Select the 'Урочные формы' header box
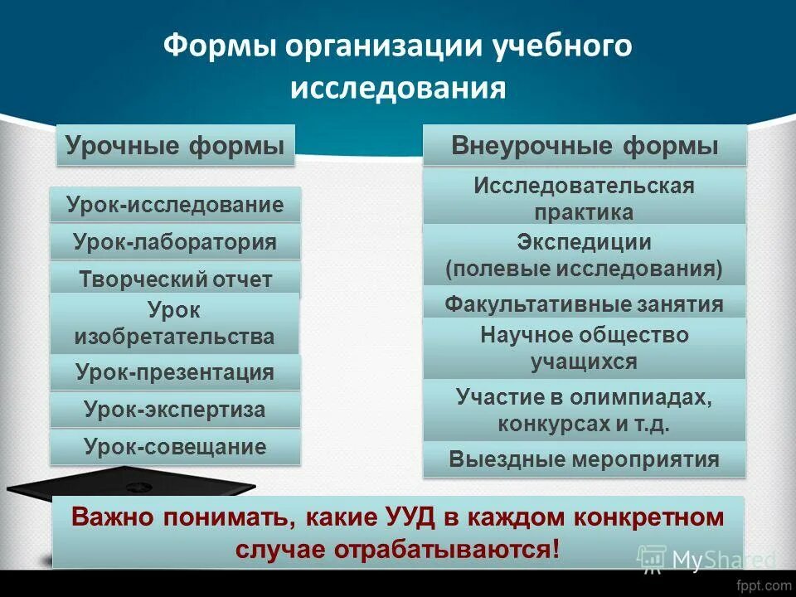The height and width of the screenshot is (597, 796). click(x=175, y=146)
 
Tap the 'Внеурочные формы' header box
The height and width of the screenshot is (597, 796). click(x=585, y=146)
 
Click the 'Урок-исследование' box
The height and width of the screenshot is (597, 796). click(x=175, y=205)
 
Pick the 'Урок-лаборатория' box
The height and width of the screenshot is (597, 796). click(x=175, y=243)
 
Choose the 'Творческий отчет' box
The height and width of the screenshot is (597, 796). click(x=175, y=279)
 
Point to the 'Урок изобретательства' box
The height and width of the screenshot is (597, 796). click(x=175, y=323)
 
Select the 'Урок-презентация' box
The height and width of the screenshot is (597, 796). click(x=175, y=372)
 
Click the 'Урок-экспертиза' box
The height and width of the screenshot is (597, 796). click(x=175, y=410)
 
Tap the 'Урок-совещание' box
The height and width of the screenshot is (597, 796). click(x=175, y=448)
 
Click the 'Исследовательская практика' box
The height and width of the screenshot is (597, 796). click(x=585, y=198)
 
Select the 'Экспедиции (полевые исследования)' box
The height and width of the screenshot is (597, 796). click(x=585, y=255)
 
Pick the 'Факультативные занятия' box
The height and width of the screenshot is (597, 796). click(x=585, y=303)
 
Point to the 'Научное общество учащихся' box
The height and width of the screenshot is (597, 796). click(x=585, y=348)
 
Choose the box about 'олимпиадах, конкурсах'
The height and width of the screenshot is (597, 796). click(x=585, y=410)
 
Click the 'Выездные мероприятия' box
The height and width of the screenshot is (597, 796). click(x=585, y=459)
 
